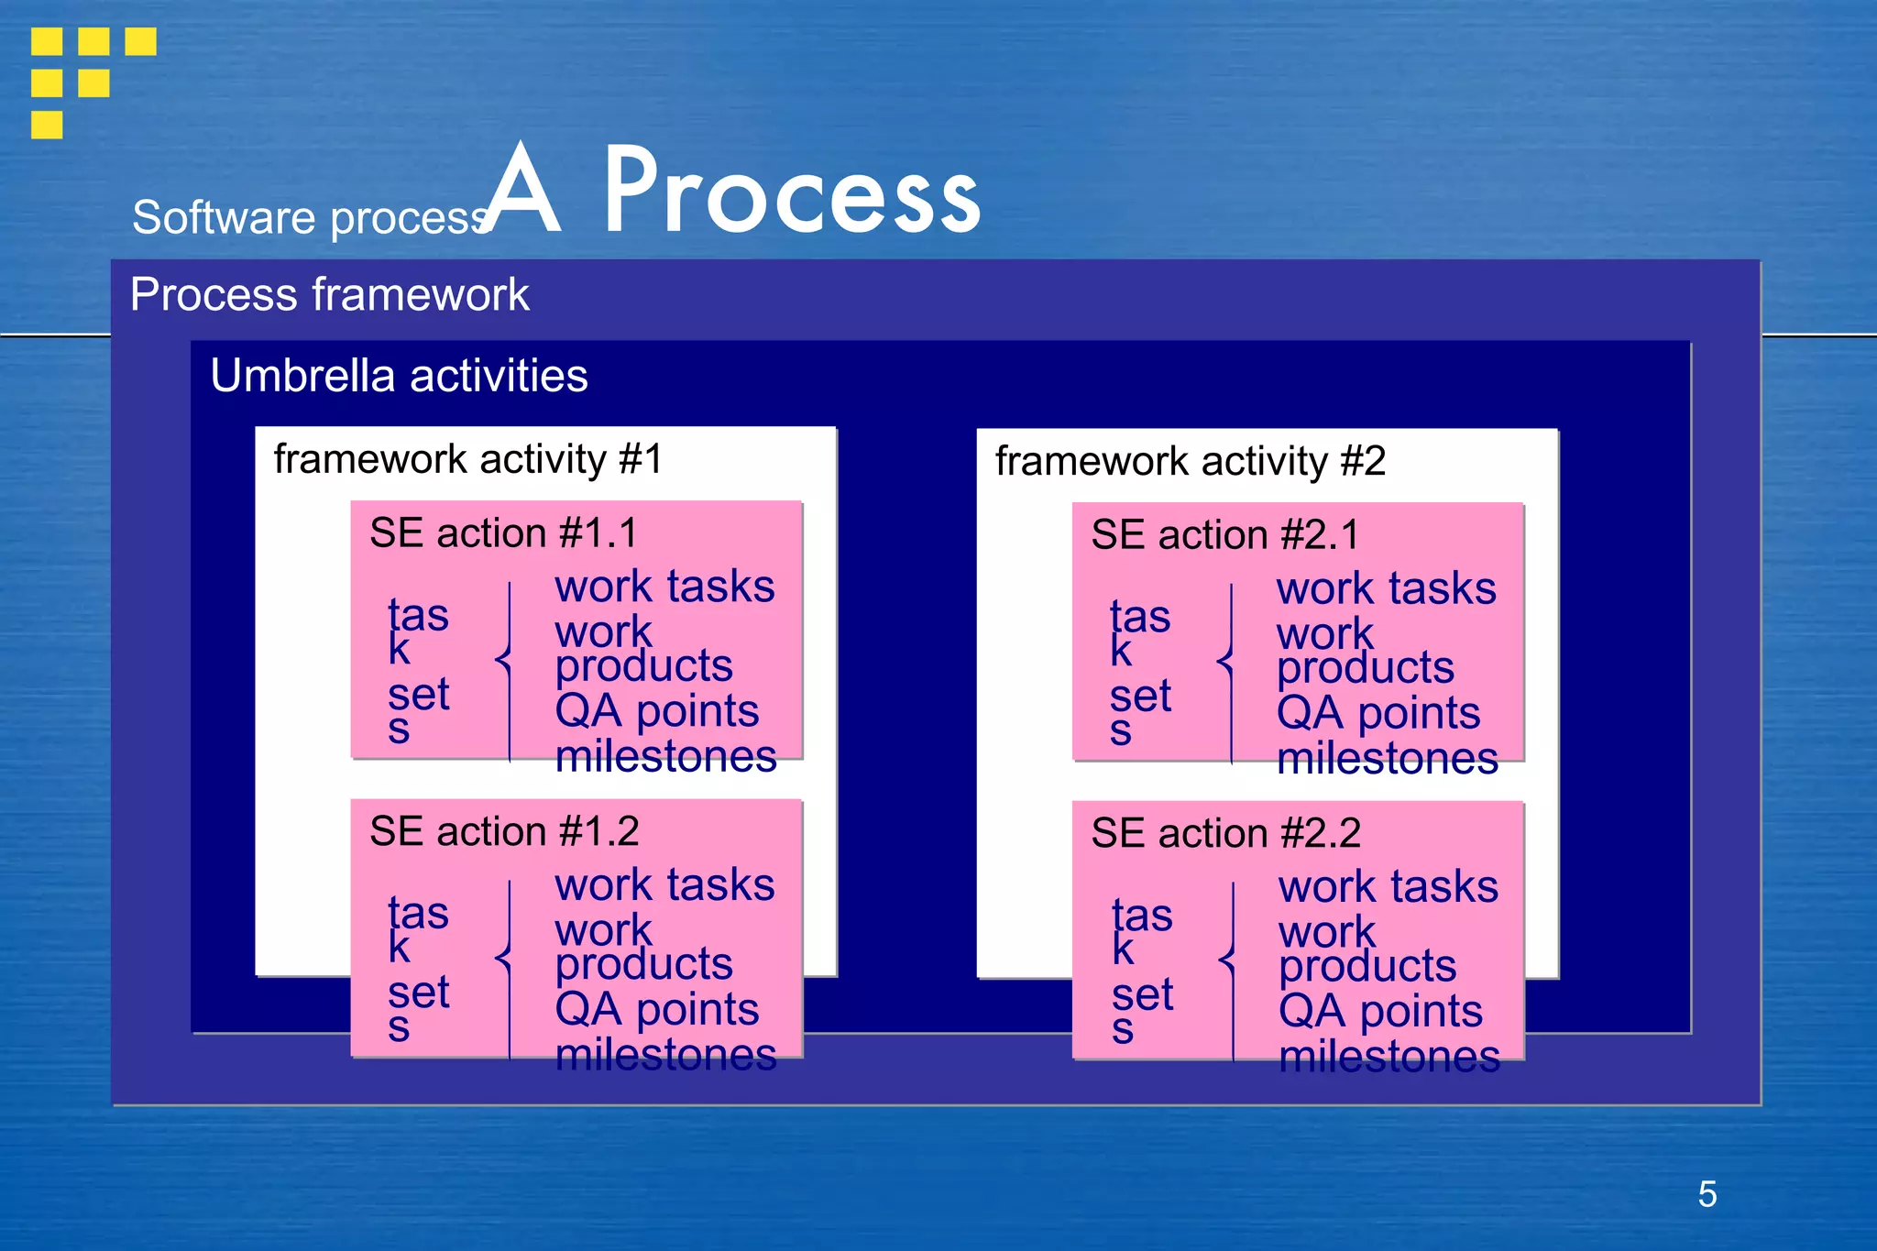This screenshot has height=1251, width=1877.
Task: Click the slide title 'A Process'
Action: tap(733, 192)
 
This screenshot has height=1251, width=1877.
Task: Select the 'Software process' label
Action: tap(312, 218)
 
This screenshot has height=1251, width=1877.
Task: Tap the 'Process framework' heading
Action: tap(329, 294)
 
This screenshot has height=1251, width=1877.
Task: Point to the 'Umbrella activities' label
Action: tap(399, 376)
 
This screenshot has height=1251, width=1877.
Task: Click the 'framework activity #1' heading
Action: tap(467, 459)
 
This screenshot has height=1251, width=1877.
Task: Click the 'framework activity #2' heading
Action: tap(1190, 461)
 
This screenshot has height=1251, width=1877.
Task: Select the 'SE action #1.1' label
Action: tap(503, 533)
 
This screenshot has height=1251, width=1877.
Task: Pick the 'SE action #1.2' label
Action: tap(504, 832)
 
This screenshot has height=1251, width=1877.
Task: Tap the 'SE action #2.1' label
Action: tap(1225, 535)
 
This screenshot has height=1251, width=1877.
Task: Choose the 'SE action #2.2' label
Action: tap(1225, 834)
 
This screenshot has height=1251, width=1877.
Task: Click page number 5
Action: tap(1707, 1194)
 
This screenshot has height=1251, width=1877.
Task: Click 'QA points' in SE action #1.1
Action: tap(656, 711)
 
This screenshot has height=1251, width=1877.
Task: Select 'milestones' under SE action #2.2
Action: tap(1389, 1057)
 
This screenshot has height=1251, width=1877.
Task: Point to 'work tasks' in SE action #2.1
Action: tap(1386, 588)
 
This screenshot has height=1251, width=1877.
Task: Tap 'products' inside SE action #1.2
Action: tap(643, 964)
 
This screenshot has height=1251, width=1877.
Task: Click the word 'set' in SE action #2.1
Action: tap(1140, 697)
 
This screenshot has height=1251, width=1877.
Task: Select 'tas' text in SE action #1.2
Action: tap(418, 913)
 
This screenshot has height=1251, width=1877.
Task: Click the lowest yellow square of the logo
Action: tap(47, 125)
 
